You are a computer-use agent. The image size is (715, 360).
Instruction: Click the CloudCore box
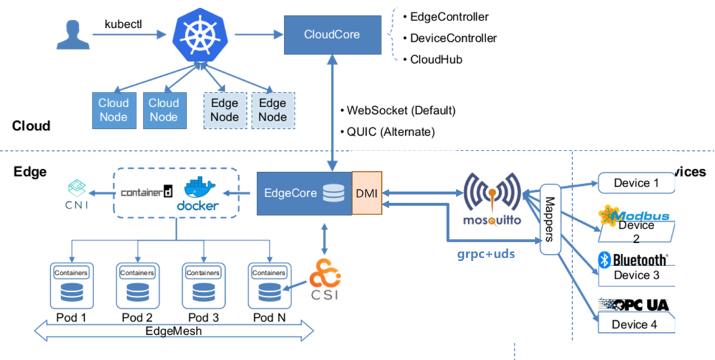pyautogui.click(x=332, y=34)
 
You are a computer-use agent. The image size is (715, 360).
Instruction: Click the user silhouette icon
pyautogui.click(x=72, y=34)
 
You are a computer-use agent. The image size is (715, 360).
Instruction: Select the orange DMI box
pyautogui.click(x=367, y=193)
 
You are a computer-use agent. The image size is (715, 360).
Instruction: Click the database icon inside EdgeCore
pyautogui.click(x=333, y=193)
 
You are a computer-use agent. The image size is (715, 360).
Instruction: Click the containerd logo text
pyautogui.click(x=147, y=193)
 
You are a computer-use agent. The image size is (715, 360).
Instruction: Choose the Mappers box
pyautogui.click(x=549, y=219)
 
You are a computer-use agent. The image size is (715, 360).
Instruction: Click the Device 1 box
pyautogui.click(x=636, y=183)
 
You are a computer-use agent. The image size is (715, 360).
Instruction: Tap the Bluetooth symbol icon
pyautogui.click(x=604, y=259)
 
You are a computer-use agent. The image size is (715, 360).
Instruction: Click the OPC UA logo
pyautogui.click(x=634, y=305)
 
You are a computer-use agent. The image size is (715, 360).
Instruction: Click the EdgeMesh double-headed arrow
pyautogui.click(x=173, y=330)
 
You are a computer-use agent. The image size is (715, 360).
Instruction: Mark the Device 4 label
pyautogui.click(x=634, y=324)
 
